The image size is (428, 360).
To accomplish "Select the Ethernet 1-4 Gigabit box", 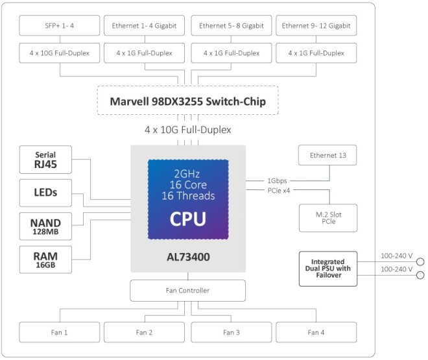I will [143, 26].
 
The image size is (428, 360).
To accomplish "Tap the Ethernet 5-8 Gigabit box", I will [232, 26].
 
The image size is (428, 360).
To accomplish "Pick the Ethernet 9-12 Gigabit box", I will [316, 26].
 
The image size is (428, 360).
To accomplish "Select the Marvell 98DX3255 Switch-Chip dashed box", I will [187, 102].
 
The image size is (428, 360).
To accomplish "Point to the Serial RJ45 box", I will [45, 160].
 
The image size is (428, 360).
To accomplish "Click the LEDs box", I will [45, 193].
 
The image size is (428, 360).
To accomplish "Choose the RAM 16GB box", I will [45, 259].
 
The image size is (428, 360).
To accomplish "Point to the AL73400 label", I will [187, 257].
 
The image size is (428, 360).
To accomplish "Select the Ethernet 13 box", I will [327, 156].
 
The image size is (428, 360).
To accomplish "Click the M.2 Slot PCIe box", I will [327, 217].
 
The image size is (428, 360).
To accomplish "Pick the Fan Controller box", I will [187, 291].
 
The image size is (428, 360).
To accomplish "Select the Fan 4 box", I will [316, 332].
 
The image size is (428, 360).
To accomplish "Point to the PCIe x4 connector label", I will [279, 190].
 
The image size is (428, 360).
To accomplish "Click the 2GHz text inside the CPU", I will [187, 173].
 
